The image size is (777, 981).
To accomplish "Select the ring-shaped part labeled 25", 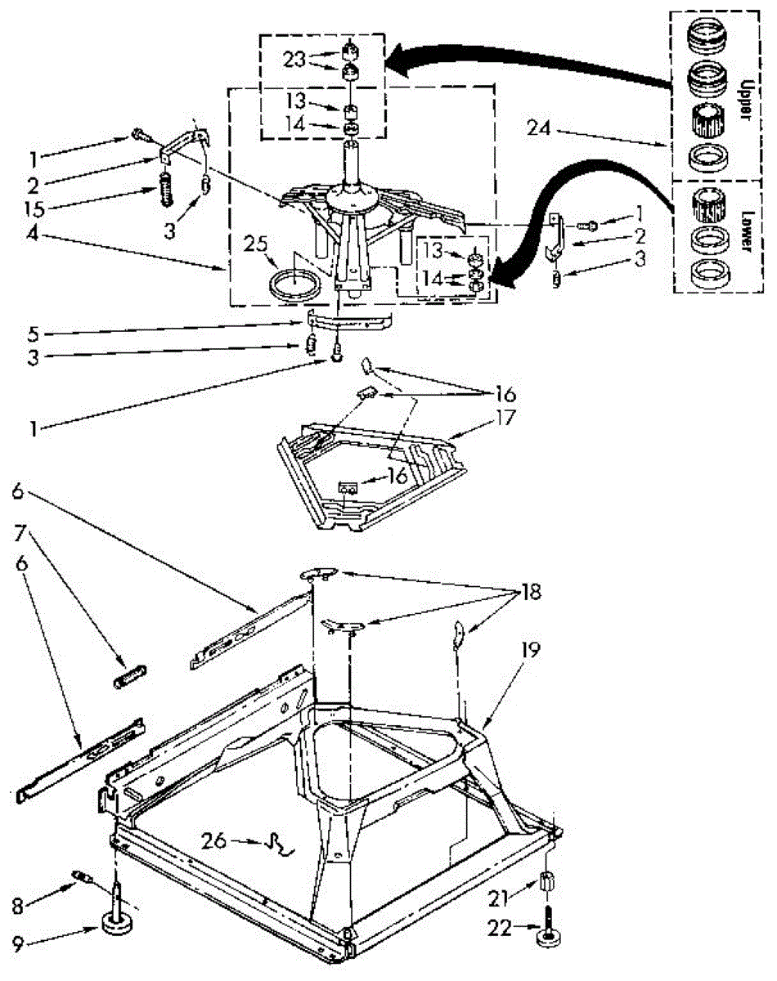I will [294, 284].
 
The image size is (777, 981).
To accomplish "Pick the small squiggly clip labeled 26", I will [279, 844].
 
